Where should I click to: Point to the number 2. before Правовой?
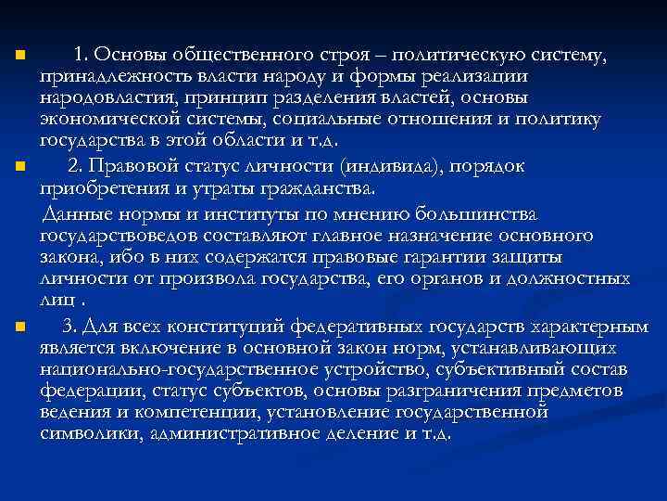tap(78, 168)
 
